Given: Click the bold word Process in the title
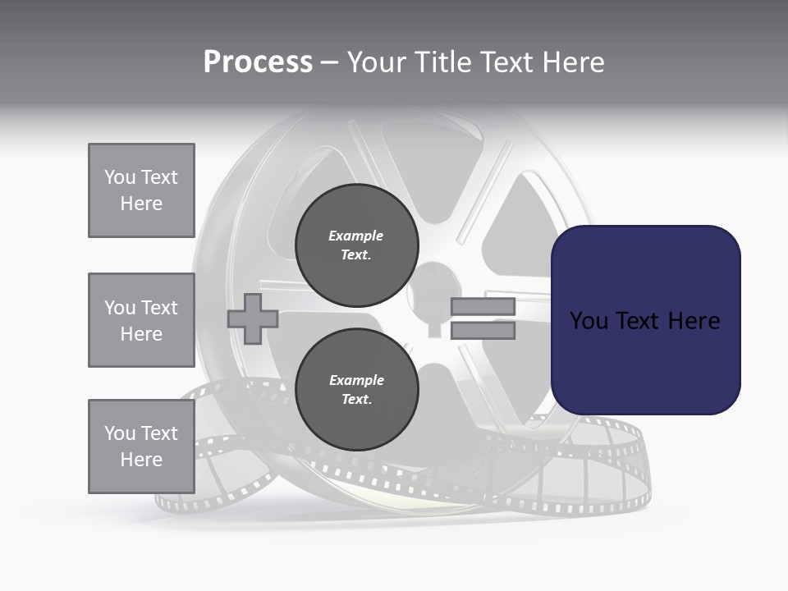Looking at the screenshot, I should [x=258, y=62].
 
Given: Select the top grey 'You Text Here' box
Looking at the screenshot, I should [x=141, y=190].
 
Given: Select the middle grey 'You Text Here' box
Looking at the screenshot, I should [x=141, y=320].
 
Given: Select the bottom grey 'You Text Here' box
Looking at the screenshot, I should [x=141, y=447].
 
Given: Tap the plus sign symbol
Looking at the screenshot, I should [x=253, y=318].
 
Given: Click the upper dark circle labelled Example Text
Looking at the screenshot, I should [x=356, y=245].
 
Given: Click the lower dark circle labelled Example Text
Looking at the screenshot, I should [x=356, y=390].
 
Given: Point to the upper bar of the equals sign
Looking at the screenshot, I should [x=483, y=306].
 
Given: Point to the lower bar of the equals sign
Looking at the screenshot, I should [x=483, y=331].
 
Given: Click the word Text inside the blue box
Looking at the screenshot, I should [x=637, y=321].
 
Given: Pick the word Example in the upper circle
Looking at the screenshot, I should [x=356, y=236].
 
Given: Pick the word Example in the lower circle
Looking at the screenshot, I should [x=356, y=380].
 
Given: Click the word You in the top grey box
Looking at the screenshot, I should [x=120, y=177].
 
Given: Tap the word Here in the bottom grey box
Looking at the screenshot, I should [x=141, y=460].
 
